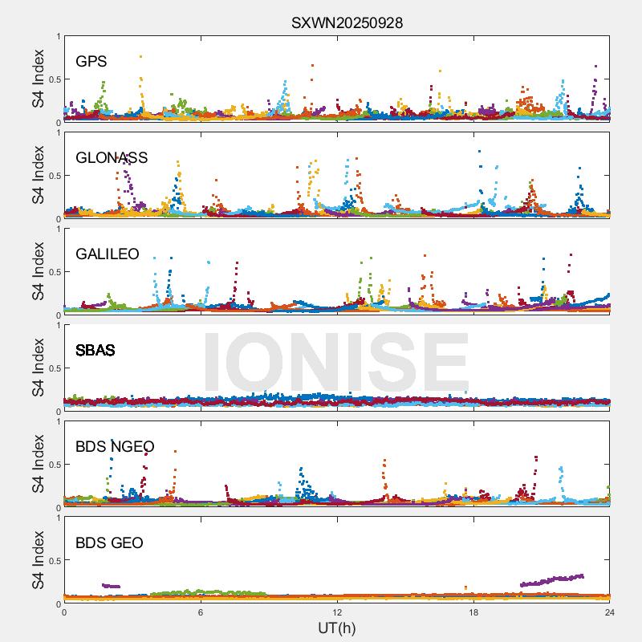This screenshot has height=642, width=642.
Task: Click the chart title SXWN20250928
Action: pos(347,23)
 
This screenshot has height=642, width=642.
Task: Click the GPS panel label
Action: pos(91,62)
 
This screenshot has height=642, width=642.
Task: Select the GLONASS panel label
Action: pos(112,158)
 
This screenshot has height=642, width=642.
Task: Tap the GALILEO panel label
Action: pos(108,254)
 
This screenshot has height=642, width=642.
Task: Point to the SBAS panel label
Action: pos(95,351)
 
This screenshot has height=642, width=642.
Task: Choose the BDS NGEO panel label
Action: pos(115,447)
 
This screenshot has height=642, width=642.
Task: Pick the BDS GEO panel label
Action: pos(109,543)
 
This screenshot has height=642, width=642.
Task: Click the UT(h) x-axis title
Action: pos(336,628)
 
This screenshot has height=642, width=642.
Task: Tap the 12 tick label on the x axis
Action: pos(337,612)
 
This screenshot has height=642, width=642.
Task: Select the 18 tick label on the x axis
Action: pos(473,612)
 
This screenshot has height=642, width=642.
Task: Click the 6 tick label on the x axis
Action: pos(201,612)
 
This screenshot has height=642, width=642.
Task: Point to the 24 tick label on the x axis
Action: pos(609,612)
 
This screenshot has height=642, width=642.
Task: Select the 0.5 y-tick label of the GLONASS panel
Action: pos(51,176)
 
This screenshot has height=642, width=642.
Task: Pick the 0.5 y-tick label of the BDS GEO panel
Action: pos(51,561)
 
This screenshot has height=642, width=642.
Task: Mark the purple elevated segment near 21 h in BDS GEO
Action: pos(552,579)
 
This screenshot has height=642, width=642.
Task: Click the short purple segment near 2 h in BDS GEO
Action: pos(111,586)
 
